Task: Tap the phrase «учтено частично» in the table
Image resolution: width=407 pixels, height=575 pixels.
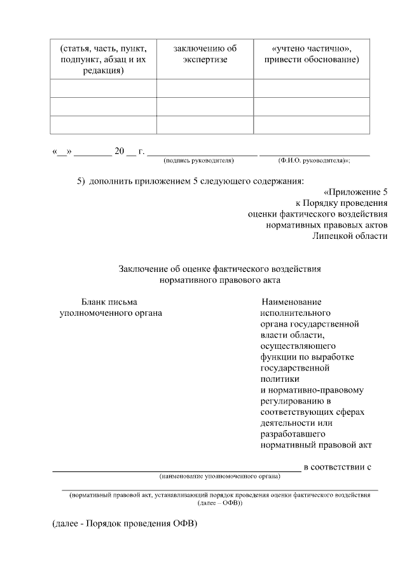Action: pos(312,48)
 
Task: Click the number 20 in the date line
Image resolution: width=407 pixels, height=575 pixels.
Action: pos(119,151)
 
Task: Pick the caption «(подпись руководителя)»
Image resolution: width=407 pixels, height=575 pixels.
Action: pos(198,160)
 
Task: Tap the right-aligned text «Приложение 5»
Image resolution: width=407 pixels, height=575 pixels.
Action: pos(357,192)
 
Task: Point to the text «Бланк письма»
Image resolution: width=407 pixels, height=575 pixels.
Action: pos(109,302)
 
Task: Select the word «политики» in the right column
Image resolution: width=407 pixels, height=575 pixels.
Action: pos(278,377)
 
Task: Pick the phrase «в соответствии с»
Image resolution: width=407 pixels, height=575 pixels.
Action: pos(337,467)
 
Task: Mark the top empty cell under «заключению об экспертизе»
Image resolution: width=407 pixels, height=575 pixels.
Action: pos(205,88)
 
